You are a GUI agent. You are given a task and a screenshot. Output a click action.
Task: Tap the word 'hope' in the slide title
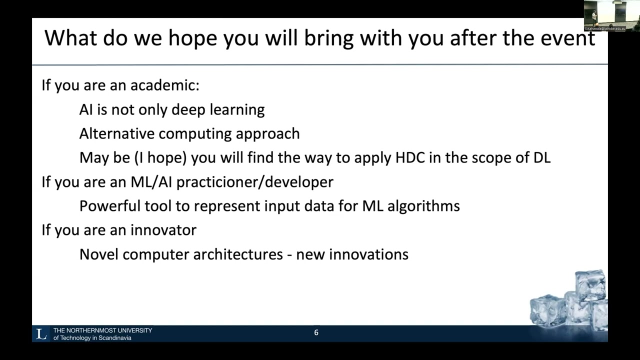coord(194,38)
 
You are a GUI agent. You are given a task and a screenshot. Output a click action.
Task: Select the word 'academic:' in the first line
coord(164,85)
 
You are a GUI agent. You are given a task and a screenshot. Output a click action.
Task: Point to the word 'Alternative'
coord(117,134)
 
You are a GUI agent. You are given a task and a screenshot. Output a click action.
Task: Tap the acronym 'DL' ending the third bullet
coord(541,158)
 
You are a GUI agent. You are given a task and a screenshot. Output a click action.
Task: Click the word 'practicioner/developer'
coord(254,182)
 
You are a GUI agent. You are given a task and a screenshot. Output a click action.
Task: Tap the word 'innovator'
coord(163,230)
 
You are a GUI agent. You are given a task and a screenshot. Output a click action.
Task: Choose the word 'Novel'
coord(99,254)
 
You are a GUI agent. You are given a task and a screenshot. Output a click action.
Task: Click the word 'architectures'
coord(238,254)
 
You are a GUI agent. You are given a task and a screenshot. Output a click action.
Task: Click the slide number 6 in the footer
coord(316,332)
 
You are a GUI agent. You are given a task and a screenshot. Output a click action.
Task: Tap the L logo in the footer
coord(41,333)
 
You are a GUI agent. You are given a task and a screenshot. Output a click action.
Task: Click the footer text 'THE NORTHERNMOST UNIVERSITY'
coord(102,330)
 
